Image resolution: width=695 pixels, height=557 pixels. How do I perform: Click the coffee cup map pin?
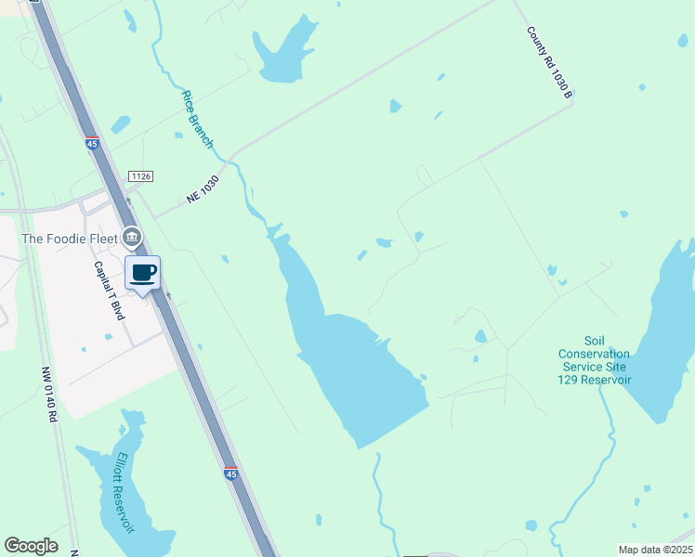(x=142, y=274)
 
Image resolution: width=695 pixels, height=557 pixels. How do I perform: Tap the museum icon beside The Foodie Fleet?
(x=133, y=237)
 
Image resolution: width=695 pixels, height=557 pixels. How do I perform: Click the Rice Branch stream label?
(x=198, y=119)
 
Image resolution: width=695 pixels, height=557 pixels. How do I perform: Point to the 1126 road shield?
(x=141, y=175)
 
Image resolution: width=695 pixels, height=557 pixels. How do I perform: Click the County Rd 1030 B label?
(x=550, y=62)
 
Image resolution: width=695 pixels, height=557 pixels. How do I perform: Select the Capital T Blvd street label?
(x=109, y=291)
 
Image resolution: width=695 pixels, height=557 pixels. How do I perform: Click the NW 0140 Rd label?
(x=48, y=395)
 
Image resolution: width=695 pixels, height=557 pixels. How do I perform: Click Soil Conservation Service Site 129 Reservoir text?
(x=595, y=360)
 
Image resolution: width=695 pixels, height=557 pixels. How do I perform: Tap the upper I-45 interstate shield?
(x=91, y=143)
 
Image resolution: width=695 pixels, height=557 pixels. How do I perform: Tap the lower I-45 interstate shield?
(x=230, y=473)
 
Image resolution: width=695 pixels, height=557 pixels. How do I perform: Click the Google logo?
(x=31, y=545)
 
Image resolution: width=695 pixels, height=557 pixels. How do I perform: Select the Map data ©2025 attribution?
(x=655, y=550)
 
